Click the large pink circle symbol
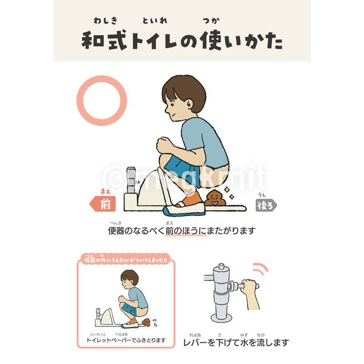pos(101,101)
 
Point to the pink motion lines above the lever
pos(261,268)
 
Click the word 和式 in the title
pos(103,42)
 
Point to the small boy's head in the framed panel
pos(129,281)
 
